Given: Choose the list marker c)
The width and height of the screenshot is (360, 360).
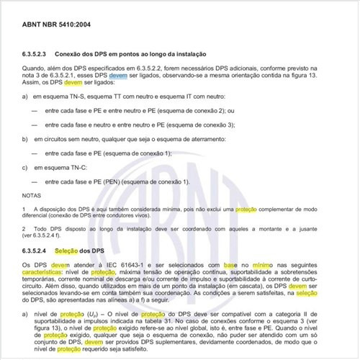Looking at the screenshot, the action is (26, 167).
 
